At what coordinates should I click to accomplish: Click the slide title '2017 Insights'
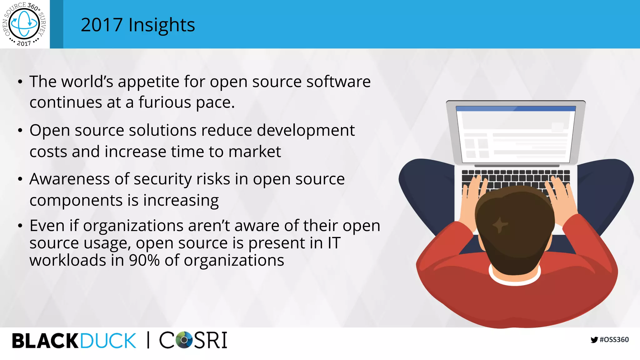coord(137,25)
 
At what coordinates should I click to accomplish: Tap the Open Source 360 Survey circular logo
coord(24,24)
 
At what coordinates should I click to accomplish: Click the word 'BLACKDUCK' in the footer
coord(74,341)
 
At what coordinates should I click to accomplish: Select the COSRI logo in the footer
coord(193,340)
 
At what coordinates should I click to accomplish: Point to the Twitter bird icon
coord(594,340)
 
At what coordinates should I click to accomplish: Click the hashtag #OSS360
coord(614,340)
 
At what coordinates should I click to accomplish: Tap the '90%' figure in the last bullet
coord(144,260)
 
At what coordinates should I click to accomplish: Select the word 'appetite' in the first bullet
coord(148,82)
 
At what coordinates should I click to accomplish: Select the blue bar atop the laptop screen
coord(516,108)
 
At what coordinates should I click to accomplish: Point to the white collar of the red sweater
coord(514,280)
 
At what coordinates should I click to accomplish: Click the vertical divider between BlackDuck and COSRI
coord(148,340)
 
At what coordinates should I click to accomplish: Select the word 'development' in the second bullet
coord(306,131)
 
